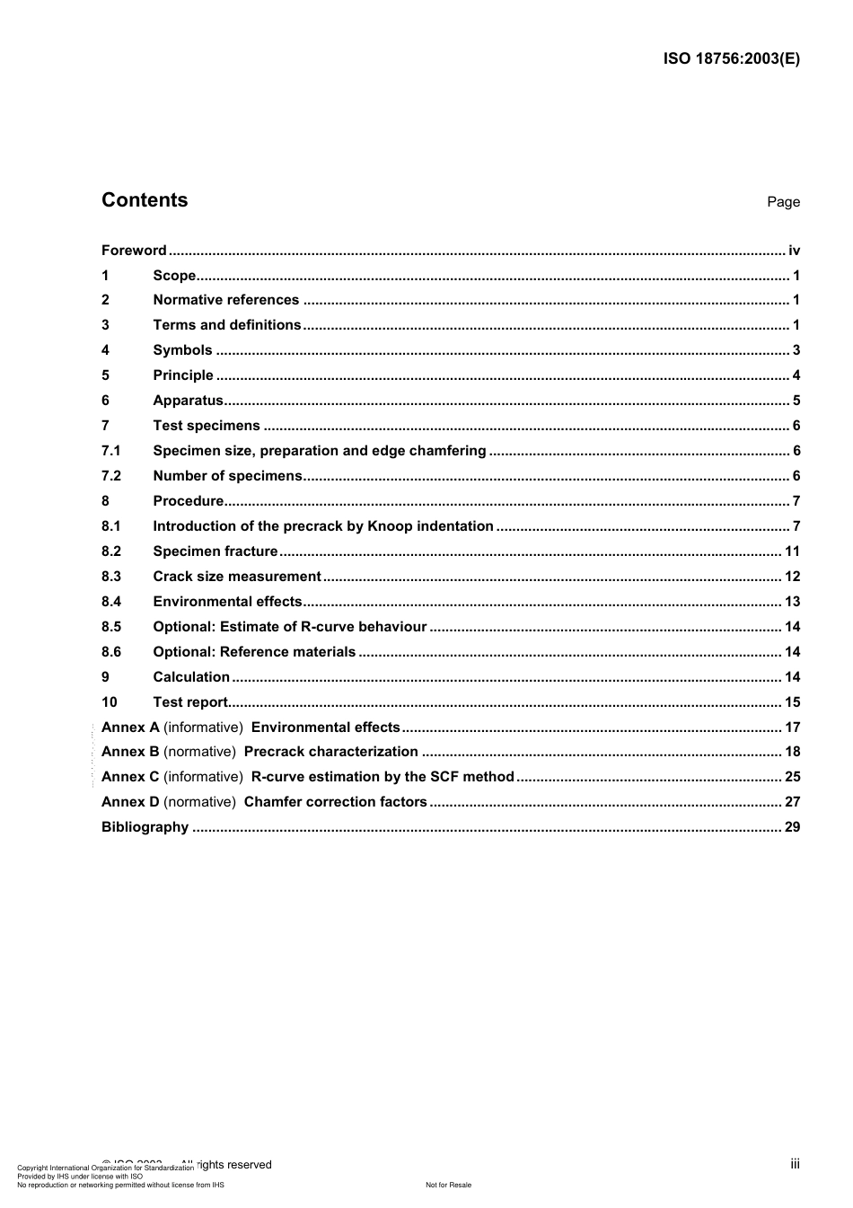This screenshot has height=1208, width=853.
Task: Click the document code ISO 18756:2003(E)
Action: coord(731,59)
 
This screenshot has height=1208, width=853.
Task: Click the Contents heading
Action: coord(145,200)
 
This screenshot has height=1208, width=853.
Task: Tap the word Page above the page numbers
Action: coord(783,202)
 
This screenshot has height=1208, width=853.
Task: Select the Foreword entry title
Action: coord(134,251)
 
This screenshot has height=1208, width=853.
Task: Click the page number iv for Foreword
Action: coord(794,251)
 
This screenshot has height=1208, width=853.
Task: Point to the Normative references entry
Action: coord(225,300)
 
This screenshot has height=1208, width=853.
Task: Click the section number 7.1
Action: coord(110,451)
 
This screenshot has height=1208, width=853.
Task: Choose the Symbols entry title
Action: coord(182,350)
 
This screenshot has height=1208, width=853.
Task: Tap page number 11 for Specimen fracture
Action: coord(792,551)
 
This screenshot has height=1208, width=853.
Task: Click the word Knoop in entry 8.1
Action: coord(388,526)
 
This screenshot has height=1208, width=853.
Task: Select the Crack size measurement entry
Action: coord(236,577)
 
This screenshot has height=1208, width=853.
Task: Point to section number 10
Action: coord(109,702)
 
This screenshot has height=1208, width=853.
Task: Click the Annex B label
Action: coord(130,752)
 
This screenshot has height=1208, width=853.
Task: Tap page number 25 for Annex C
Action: coord(792,777)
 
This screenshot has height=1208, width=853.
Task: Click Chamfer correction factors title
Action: coord(335,802)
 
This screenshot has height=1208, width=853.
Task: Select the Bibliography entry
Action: coord(145,827)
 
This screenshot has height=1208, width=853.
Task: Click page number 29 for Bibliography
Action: coord(792,827)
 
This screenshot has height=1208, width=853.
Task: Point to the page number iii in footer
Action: coord(795,1164)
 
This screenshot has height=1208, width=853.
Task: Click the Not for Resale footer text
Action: coord(448,1185)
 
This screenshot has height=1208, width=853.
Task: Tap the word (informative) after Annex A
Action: coord(203,727)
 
